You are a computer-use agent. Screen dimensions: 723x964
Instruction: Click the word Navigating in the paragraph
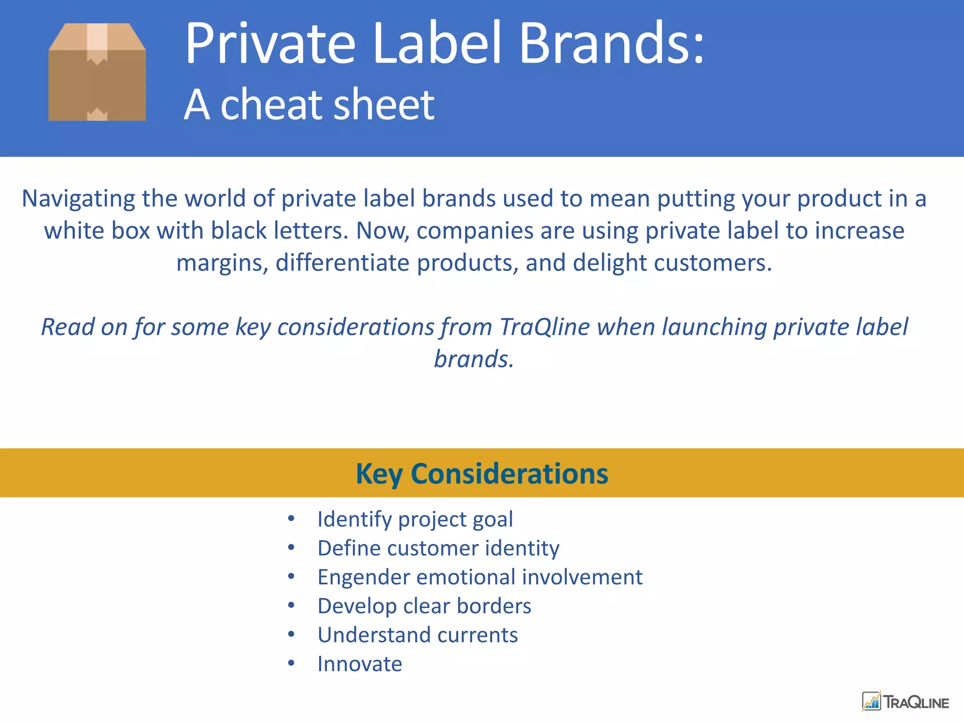pyautogui.click(x=78, y=199)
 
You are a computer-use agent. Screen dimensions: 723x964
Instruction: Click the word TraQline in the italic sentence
pyautogui.click(x=545, y=327)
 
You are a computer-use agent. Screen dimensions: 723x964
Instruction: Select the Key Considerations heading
pyautogui.click(x=482, y=474)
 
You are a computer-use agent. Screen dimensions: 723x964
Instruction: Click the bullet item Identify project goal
pyautogui.click(x=415, y=519)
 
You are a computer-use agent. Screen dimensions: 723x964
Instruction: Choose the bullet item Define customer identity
pyautogui.click(x=438, y=548)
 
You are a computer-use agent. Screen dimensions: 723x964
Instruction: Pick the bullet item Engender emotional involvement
pyautogui.click(x=480, y=577)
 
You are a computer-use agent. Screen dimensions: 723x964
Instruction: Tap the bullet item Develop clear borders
pyautogui.click(x=424, y=606)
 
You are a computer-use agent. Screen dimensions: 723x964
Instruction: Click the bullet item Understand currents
pyautogui.click(x=418, y=635)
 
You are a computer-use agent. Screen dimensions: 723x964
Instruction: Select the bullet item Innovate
pyautogui.click(x=360, y=664)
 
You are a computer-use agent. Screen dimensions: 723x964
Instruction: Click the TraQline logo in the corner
pyautogui.click(x=905, y=702)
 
